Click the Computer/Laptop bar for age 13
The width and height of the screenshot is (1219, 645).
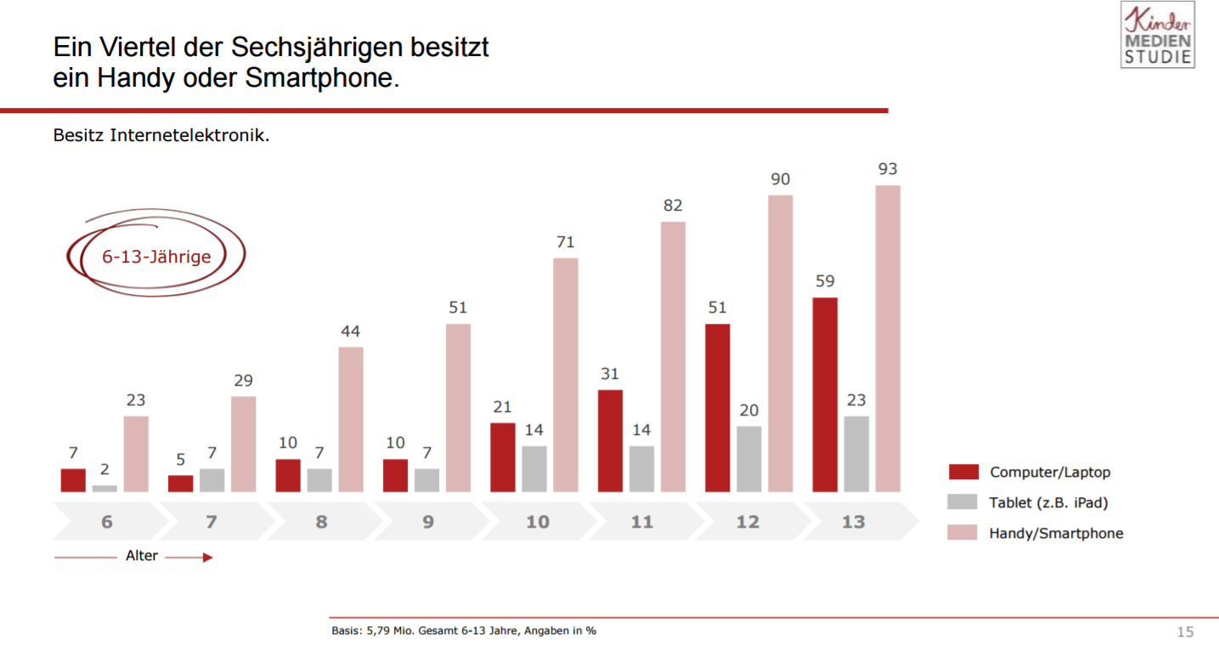(x=825, y=394)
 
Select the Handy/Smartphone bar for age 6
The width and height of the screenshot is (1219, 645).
(x=136, y=454)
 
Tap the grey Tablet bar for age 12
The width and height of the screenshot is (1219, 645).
(x=748, y=459)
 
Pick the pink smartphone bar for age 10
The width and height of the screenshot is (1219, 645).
(x=566, y=375)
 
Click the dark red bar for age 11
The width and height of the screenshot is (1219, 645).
(x=610, y=440)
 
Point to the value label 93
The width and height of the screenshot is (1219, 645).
(x=888, y=169)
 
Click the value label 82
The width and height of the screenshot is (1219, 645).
(x=673, y=206)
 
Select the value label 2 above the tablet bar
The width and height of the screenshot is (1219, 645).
(x=105, y=469)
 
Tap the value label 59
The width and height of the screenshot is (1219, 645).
(x=825, y=281)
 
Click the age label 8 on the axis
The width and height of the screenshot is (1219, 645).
(x=321, y=522)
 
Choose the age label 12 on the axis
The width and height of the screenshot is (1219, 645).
(x=748, y=522)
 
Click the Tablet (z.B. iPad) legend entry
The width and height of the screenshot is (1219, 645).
(x=1048, y=502)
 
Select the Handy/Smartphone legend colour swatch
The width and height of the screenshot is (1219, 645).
(x=963, y=533)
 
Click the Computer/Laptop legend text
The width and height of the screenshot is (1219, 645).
(x=1050, y=472)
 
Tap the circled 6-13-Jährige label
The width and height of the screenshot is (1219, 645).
(x=156, y=256)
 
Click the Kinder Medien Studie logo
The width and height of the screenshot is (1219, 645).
(x=1157, y=36)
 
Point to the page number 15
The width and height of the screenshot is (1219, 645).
(x=1184, y=631)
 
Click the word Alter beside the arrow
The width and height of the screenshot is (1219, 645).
(x=142, y=557)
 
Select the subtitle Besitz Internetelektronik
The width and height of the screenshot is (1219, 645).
(x=161, y=135)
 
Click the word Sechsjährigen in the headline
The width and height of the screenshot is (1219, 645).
(x=313, y=46)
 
